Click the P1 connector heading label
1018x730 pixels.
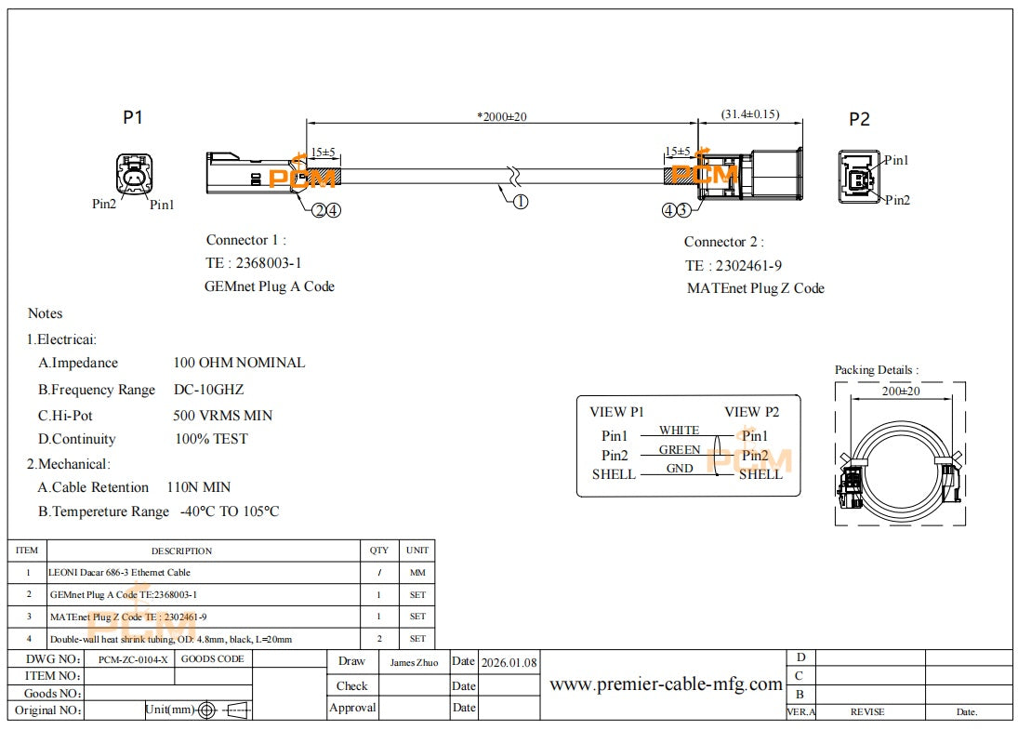133,117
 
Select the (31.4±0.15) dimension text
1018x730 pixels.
749,114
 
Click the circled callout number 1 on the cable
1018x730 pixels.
521,201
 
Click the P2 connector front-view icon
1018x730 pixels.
860,177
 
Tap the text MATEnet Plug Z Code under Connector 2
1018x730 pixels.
755,288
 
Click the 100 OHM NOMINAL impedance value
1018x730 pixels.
239,363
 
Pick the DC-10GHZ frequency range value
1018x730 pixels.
208,390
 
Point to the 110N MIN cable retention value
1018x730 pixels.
199,487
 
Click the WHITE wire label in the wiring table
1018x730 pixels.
679,430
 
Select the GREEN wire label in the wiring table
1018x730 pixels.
680,450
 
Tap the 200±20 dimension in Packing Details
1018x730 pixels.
900,392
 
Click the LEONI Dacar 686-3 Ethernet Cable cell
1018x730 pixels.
119,573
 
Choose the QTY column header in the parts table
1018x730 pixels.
379,551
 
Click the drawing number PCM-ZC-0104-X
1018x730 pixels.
133,659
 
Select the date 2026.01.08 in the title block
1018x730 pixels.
509,663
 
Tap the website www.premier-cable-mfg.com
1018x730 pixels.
666,684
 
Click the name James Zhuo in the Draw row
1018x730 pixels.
414,663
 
